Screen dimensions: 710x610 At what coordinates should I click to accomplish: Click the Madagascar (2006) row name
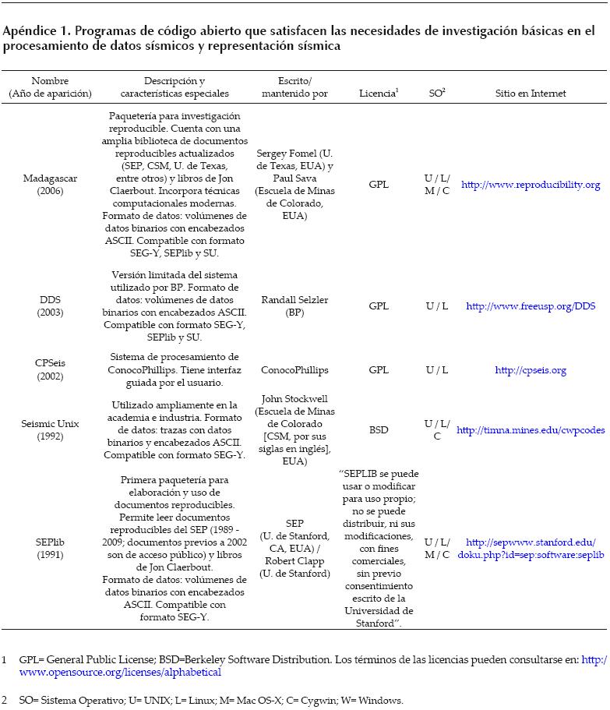[50, 185]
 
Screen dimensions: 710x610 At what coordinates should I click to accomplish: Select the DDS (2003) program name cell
[50, 306]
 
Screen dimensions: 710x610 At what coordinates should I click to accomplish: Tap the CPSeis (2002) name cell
[50, 370]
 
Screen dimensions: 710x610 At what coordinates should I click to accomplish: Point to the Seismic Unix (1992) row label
[50, 429]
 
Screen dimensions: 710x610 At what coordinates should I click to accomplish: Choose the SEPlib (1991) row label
[50, 548]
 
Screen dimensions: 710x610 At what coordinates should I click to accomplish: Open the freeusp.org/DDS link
[531, 306]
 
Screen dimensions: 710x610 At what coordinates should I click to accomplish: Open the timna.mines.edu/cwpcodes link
[531, 429]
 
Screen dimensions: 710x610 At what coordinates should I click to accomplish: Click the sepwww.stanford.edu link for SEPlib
[531, 548]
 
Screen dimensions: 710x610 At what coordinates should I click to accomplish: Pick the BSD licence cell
[379, 429]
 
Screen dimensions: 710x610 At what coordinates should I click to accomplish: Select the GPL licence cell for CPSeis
[379, 370]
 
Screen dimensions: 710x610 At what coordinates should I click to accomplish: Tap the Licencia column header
[378, 94]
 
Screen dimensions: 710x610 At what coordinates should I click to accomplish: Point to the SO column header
[436, 94]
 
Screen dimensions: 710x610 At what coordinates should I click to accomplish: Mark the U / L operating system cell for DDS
[437, 306]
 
